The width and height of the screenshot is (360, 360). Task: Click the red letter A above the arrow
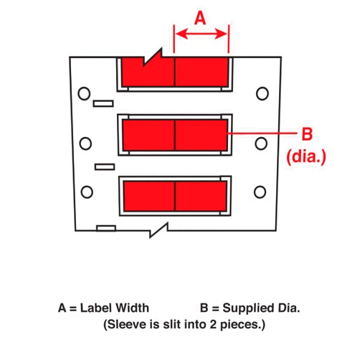[200, 18]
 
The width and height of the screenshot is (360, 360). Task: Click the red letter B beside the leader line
[307, 134]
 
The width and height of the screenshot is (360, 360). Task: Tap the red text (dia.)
[306, 156]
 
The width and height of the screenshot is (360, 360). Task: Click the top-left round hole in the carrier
[84, 93]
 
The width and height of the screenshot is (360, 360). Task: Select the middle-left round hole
[85, 143]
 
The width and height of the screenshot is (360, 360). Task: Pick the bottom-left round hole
[87, 192]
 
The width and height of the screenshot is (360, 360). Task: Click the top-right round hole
[262, 93]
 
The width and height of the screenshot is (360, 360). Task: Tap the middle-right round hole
[261, 143]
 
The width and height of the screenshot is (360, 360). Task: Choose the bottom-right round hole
[260, 192]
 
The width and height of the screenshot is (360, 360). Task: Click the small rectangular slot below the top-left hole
[103, 103]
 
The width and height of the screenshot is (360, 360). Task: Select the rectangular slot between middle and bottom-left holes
[105, 166]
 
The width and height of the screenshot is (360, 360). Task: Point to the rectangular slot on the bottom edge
[106, 228]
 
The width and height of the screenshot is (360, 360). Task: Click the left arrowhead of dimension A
[181, 34]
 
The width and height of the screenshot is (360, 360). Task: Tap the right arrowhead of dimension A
[222, 34]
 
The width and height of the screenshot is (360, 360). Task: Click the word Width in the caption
[132, 308]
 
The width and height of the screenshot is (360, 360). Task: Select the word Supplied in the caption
[248, 308]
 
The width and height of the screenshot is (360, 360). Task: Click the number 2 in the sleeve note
[213, 325]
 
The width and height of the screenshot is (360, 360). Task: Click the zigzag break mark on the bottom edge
[158, 230]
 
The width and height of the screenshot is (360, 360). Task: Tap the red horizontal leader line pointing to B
[262, 133]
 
